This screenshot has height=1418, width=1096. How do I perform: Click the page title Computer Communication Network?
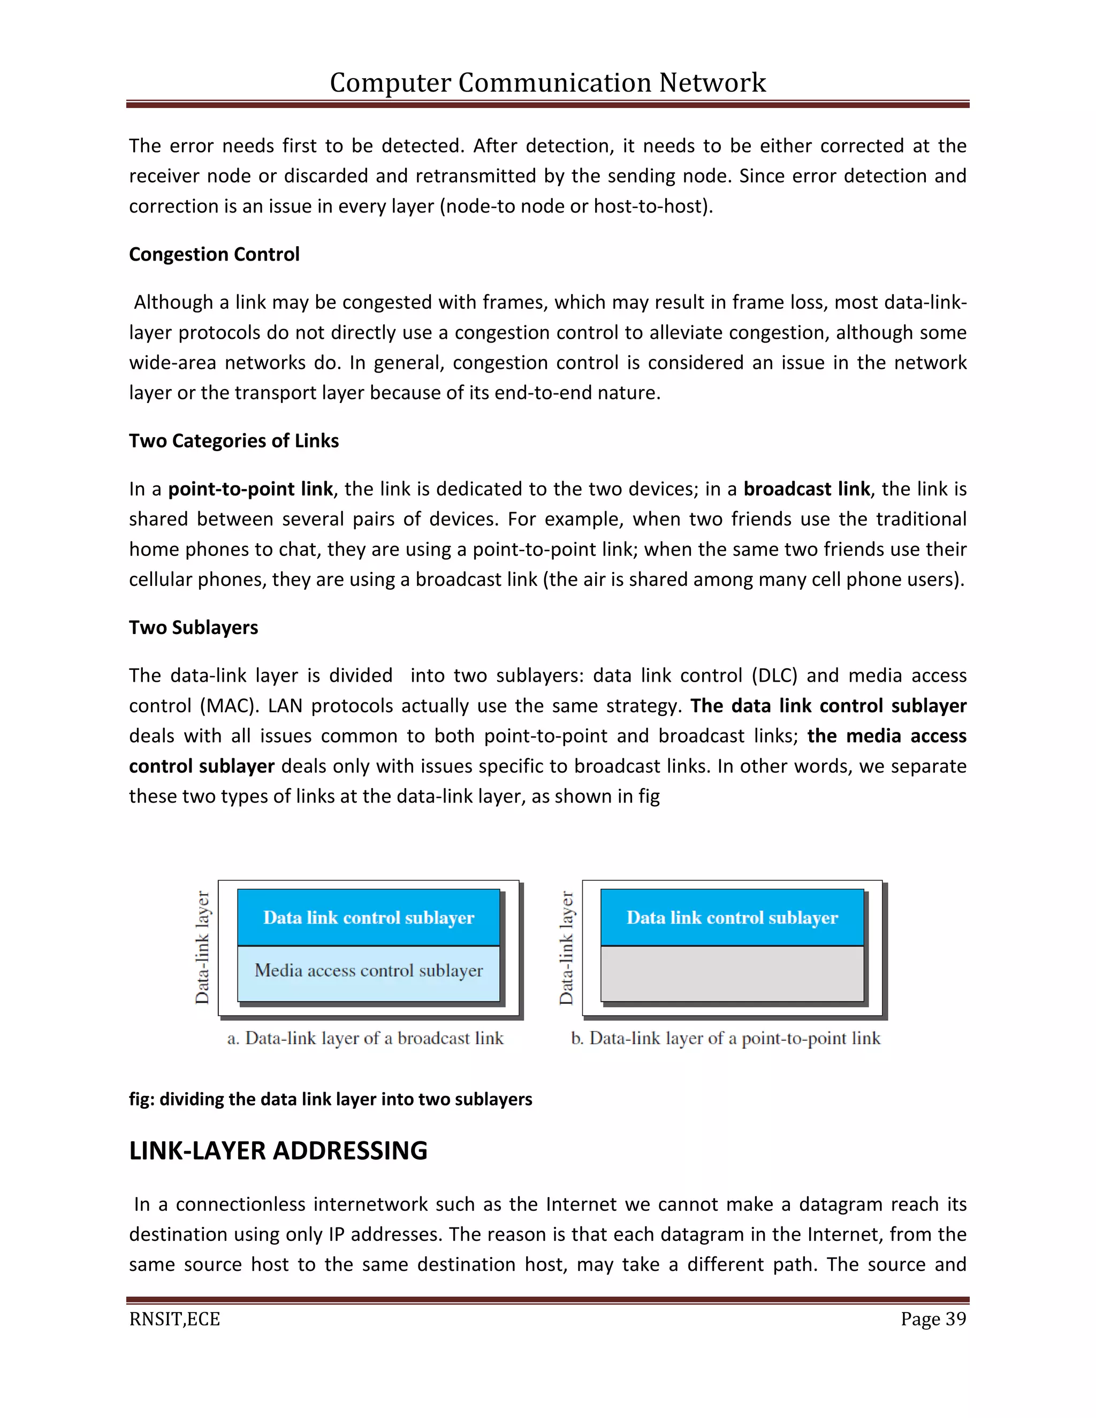coord(547,82)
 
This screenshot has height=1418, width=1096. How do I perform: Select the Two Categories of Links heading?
coord(234,441)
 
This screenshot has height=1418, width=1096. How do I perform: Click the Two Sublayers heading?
coord(194,627)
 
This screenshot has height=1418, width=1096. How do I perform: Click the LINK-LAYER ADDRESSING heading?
coord(278,1150)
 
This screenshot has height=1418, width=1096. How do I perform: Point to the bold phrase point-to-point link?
coord(250,489)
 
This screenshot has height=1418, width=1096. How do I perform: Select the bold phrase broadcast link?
coord(806,489)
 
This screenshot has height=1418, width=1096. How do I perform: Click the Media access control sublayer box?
coord(368,971)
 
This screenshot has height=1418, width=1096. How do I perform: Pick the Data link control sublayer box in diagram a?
coord(368,917)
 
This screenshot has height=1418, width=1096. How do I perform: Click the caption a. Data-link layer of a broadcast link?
coord(365,1038)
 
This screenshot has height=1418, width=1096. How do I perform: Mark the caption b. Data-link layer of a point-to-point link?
coord(725,1038)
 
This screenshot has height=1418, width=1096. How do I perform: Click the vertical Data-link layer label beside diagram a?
coord(203,948)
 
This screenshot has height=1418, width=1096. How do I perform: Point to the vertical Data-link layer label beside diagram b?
coord(566,948)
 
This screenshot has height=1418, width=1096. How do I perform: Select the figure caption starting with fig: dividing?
coord(331,1099)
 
